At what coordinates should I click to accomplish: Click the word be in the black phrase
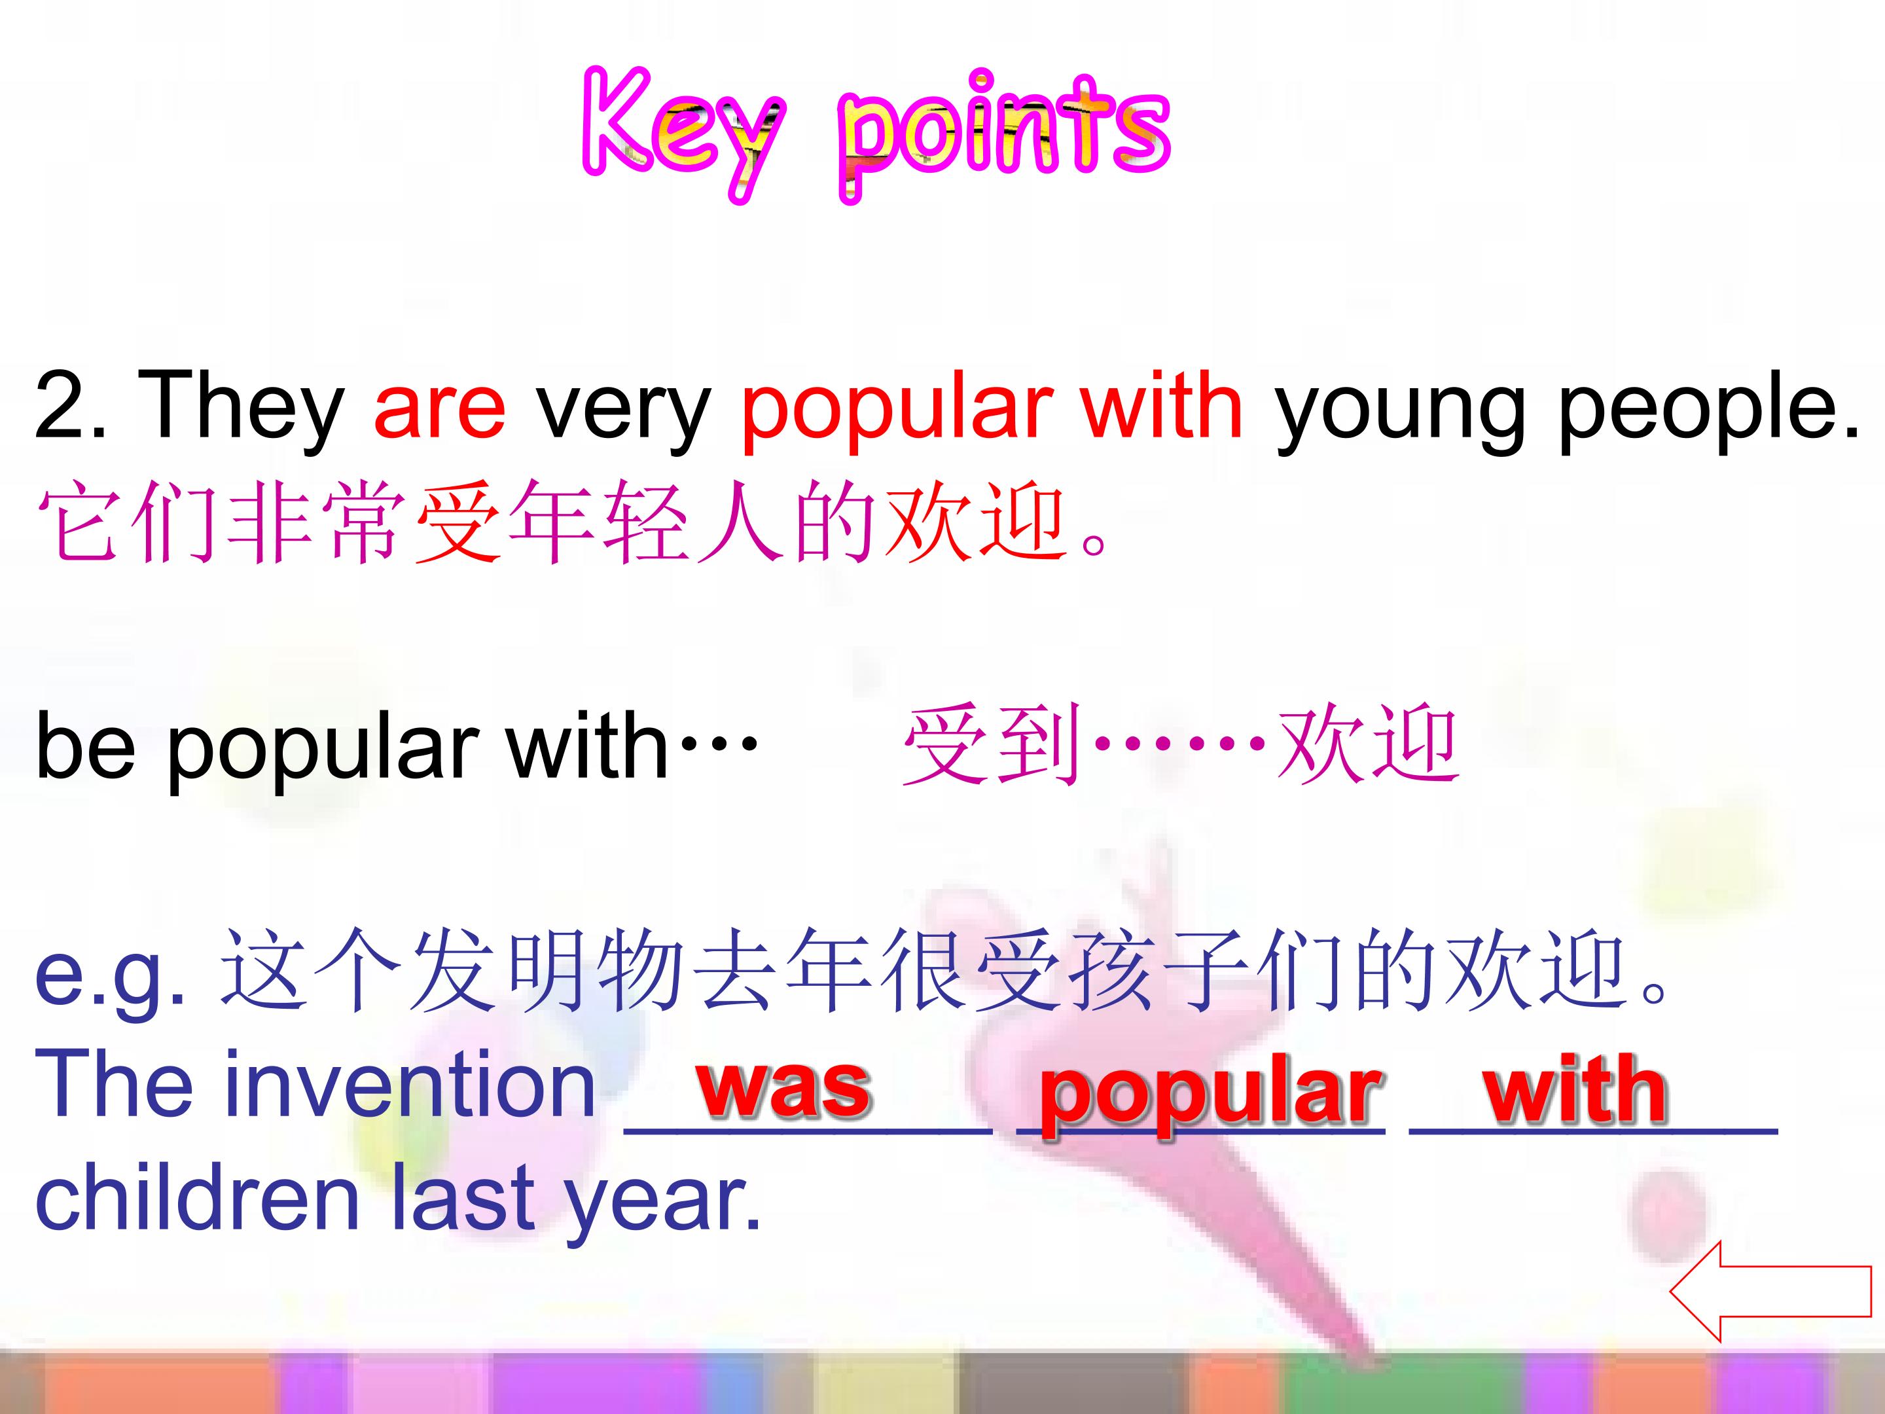point(85,745)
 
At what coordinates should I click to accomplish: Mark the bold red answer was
point(784,1087)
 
